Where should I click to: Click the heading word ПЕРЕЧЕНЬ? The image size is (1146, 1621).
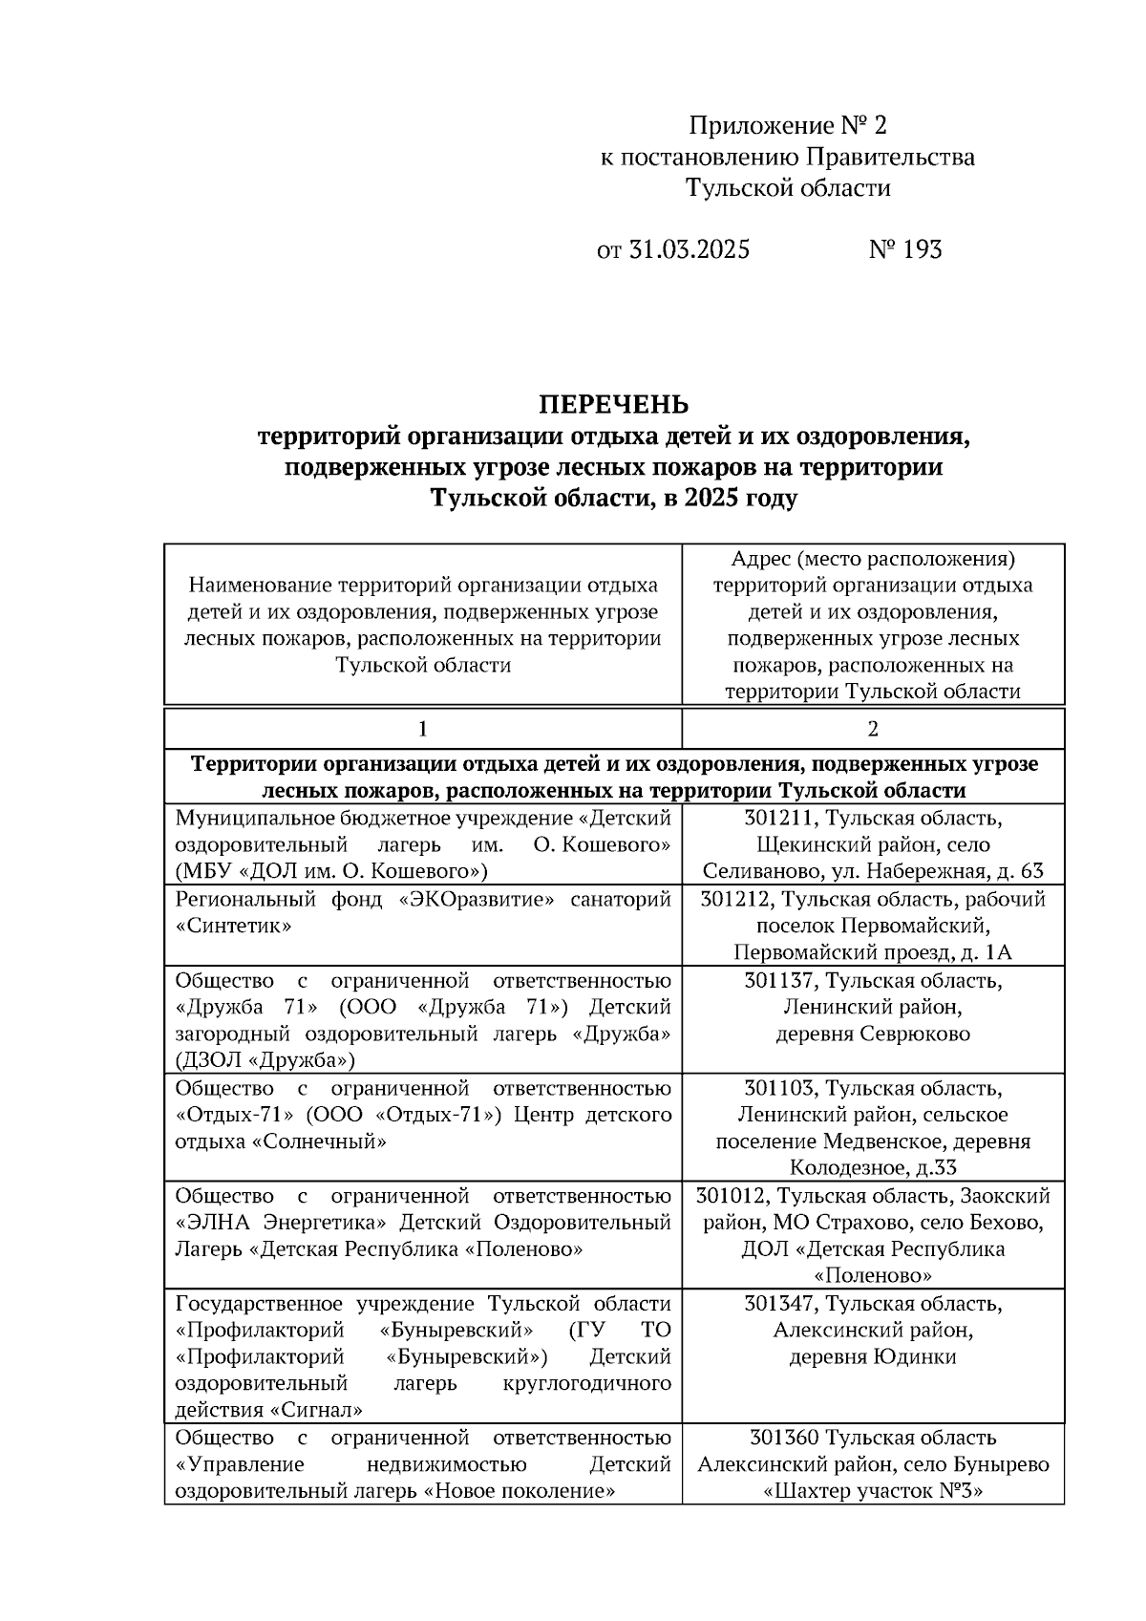click(x=613, y=405)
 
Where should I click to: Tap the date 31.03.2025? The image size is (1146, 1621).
click(x=689, y=250)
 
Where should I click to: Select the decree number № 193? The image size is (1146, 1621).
click(x=905, y=250)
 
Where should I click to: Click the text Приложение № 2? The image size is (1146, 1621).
click(x=788, y=126)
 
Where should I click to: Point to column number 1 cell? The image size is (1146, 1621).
click(x=422, y=729)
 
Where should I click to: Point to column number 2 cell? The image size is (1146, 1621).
click(x=872, y=729)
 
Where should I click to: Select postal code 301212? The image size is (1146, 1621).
click(x=735, y=900)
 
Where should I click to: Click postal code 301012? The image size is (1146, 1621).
click(x=732, y=1196)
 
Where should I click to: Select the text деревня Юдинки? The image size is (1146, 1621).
click(x=872, y=1357)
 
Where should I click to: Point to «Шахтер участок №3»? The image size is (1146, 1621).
click(x=872, y=1492)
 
